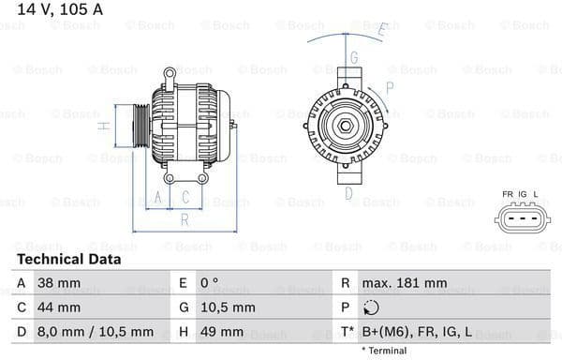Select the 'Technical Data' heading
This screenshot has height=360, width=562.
click(x=68, y=259)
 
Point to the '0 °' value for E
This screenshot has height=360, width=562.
click(x=208, y=283)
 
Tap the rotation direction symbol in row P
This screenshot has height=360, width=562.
click(x=371, y=307)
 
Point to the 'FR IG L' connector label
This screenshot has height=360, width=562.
click(x=520, y=195)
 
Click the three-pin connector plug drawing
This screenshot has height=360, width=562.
click(x=520, y=219)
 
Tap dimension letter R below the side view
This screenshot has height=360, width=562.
click(x=185, y=219)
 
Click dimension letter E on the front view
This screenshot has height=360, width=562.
click(x=382, y=30)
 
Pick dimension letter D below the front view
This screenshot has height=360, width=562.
click(x=348, y=194)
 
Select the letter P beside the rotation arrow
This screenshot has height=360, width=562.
click(x=390, y=87)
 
